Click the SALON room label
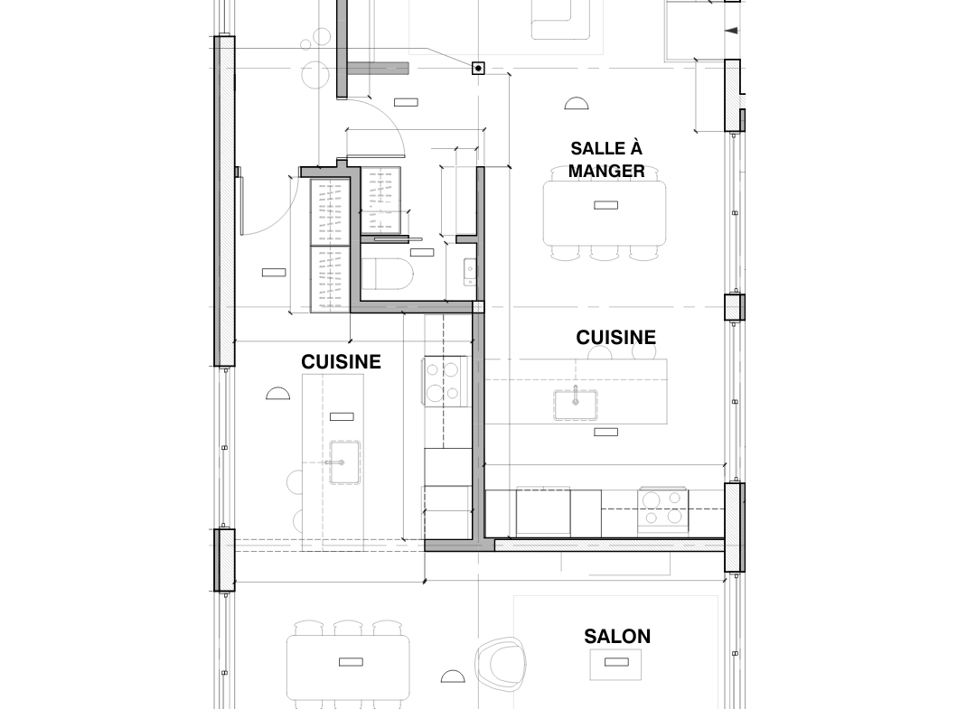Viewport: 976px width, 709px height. pyautogui.click(x=617, y=636)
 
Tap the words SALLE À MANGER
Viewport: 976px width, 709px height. pyautogui.click(x=606, y=159)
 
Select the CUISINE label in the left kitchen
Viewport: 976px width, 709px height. pyautogui.click(x=341, y=362)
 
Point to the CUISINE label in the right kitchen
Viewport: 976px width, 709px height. pyautogui.click(x=615, y=337)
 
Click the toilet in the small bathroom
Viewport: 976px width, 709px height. pyautogui.click(x=387, y=275)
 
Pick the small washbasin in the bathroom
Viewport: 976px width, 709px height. pyautogui.click(x=470, y=272)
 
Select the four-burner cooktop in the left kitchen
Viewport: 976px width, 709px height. pyautogui.click(x=445, y=379)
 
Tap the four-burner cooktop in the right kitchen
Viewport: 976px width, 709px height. pyautogui.click(x=663, y=508)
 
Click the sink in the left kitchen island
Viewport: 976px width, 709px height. pyautogui.click(x=344, y=462)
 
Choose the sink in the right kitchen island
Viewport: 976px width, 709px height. pyautogui.click(x=576, y=405)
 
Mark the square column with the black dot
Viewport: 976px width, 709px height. pyautogui.click(x=478, y=68)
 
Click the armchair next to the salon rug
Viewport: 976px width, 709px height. pyautogui.click(x=501, y=664)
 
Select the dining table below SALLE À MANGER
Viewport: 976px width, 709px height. pyautogui.click(x=605, y=213)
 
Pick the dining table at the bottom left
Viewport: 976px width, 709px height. pyautogui.click(x=348, y=667)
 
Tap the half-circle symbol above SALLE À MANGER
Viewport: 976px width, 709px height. pyautogui.click(x=577, y=103)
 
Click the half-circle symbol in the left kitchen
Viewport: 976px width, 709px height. pyautogui.click(x=277, y=393)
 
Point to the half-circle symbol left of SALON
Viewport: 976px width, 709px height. pyautogui.click(x=453, y=676)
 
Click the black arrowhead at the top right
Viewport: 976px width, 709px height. pyautogui.click(x=732, y=31)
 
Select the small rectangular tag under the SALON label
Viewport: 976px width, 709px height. pyautogui.click(x=616, y=662)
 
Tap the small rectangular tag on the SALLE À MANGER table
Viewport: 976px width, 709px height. pyautogui.click(x=605, y=205)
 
